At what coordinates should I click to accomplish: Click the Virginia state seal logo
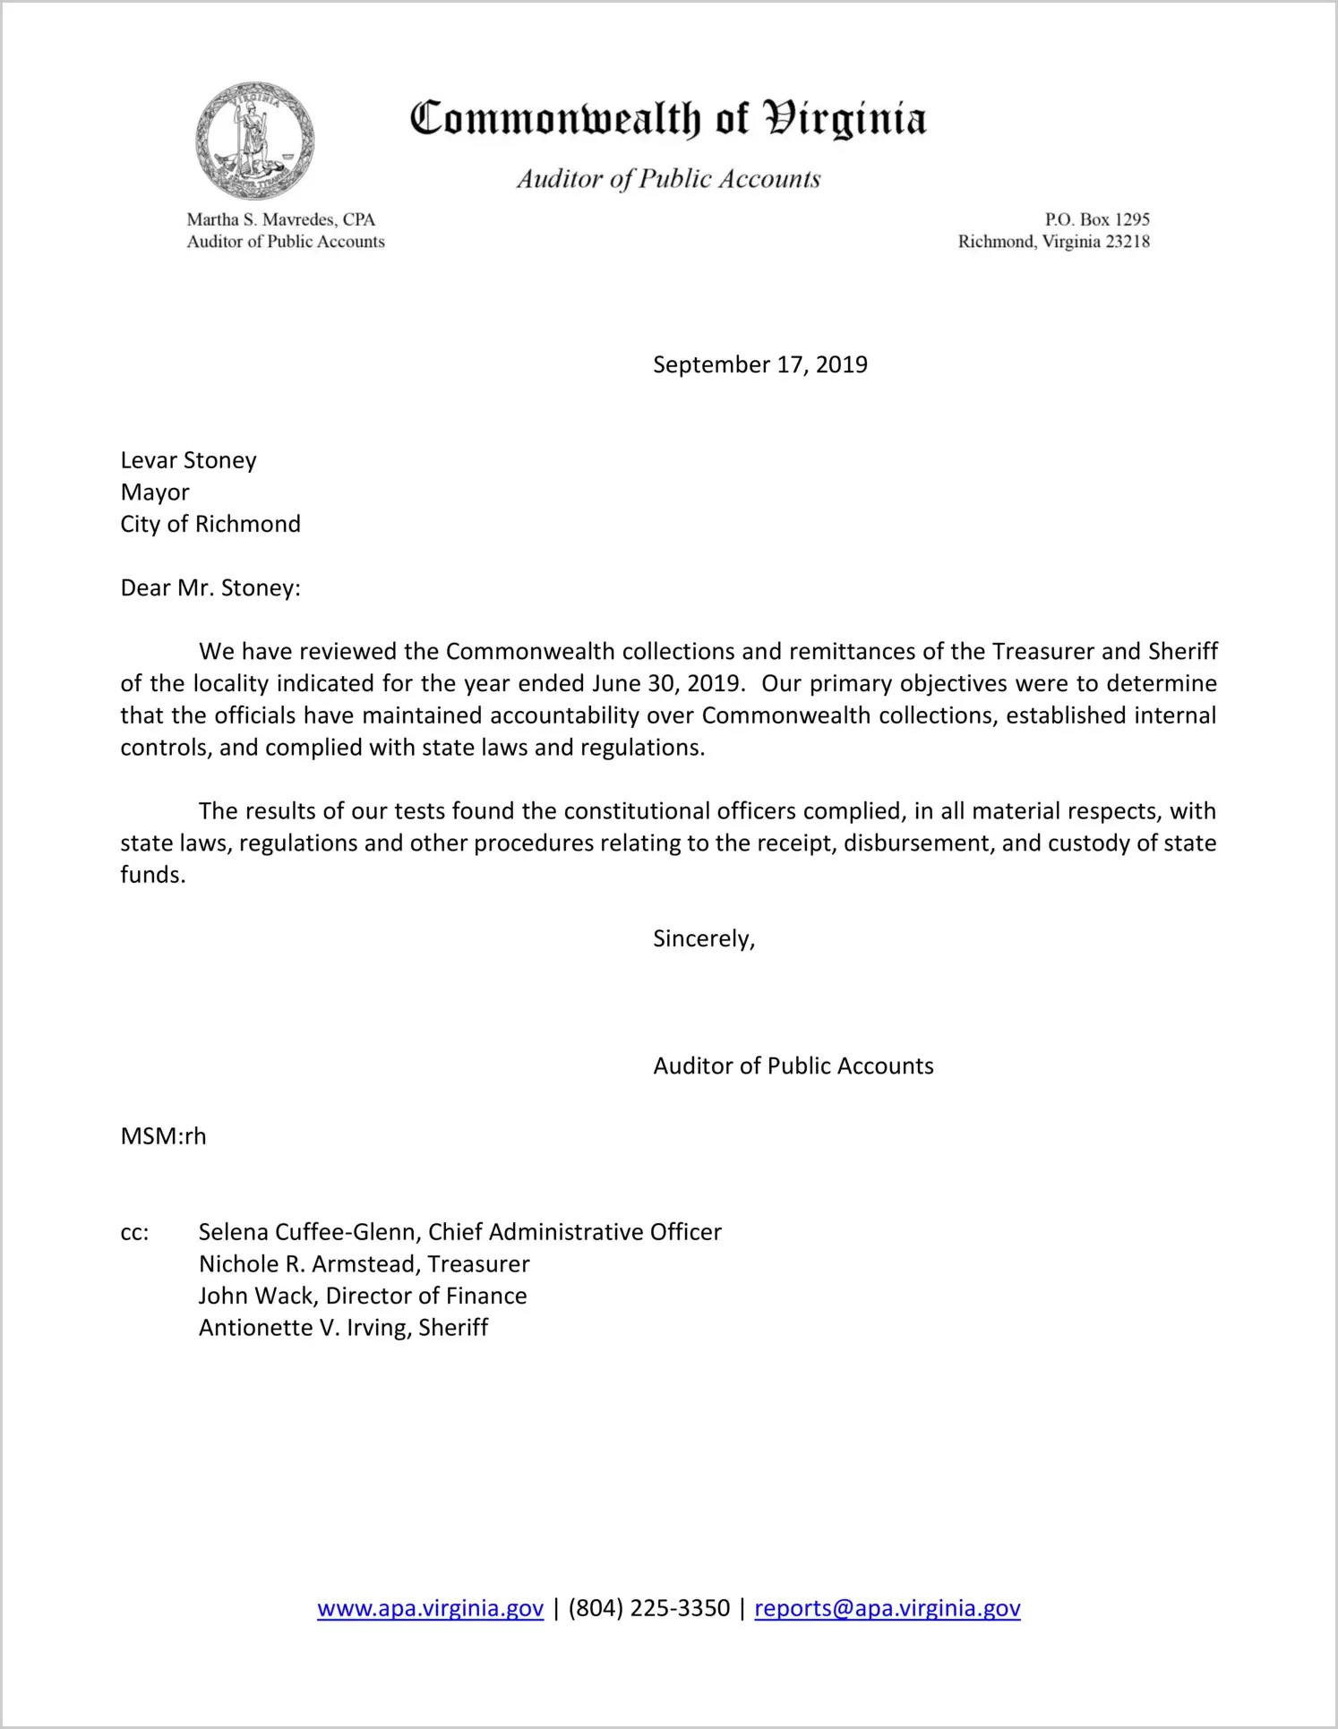(x=255, y=141)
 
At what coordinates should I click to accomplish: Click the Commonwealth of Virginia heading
(x=668, y=119)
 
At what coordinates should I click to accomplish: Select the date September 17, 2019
(x=759, y=364)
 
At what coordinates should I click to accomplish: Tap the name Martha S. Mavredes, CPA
(x=280, y=219)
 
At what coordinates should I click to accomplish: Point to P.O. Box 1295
(x=1096, y=219)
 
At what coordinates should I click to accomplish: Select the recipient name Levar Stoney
(x=188, y=460)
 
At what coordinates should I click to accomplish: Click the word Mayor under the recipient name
(x=155, y=492)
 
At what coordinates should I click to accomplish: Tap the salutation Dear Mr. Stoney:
(x=210, y=588)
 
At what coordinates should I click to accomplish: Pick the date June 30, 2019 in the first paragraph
(x=666, y=684)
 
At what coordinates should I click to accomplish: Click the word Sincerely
(x=703, y=938)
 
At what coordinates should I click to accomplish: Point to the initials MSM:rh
(x=163, y=1136)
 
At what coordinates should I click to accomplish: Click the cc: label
(x=134, y=1233)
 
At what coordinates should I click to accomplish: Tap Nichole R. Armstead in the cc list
(x=310, y=1264)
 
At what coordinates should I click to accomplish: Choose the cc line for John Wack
(x=362, y=1296)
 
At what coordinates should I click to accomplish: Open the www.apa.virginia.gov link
(x=430, y=1608)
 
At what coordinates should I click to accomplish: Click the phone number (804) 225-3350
(x=648, y=1608)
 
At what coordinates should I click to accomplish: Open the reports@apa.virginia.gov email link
(x=887, y=1608)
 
